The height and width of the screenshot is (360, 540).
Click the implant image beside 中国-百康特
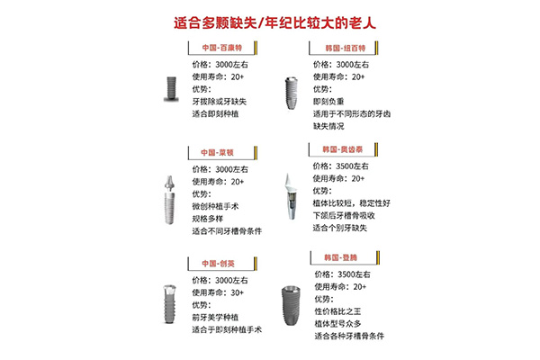pos(167,87)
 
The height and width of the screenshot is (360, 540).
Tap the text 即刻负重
pos(332,102)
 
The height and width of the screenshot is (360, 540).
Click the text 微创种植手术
pos(220,206)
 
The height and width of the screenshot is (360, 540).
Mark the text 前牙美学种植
pos(220,318)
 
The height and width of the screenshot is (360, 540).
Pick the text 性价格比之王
pos(342,310)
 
